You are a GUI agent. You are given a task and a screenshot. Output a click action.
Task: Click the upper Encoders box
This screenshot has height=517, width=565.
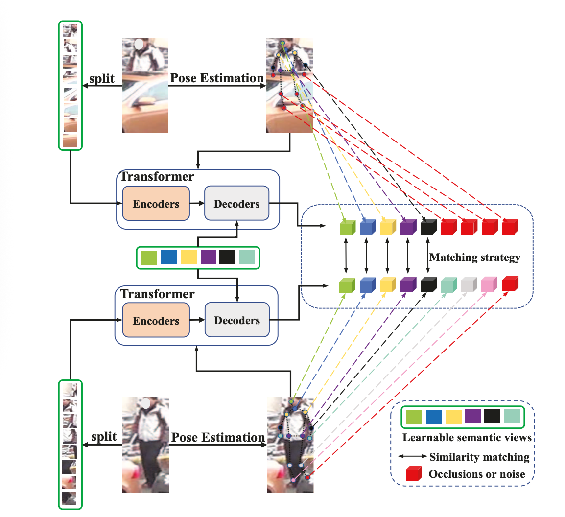tap(156, 203)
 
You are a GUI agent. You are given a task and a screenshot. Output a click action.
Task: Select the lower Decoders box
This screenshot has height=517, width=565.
tap(237, 320)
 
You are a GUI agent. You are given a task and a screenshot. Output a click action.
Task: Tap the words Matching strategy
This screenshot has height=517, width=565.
tap(474, 258)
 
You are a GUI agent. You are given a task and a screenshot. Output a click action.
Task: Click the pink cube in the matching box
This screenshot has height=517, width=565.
tap(489, 284)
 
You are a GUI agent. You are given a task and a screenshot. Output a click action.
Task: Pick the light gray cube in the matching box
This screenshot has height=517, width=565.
tap(469, 284)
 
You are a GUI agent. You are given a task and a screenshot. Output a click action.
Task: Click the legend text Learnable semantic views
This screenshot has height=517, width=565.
tap(467, 438)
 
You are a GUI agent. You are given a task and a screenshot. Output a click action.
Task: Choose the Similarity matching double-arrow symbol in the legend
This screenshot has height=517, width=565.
tap(412, 456)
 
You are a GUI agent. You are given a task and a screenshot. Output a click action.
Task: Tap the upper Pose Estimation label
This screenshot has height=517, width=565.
tap(216, 78)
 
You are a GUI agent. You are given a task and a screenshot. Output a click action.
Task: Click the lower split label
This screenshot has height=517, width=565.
tap(104, 437)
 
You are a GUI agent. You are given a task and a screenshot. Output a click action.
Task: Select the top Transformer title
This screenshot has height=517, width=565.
tap(157, 176)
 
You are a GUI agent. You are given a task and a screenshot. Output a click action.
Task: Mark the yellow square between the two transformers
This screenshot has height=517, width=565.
tap(188, 257)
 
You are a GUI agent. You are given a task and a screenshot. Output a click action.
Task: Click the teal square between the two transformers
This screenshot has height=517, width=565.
tap(247, 257)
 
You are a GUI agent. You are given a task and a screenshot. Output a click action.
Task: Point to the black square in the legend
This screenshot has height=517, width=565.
tap(492, 417)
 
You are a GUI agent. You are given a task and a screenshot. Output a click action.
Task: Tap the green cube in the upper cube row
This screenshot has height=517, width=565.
tap(346, 227)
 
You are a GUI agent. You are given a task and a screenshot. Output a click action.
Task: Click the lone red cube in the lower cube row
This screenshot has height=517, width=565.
tap(510, 284)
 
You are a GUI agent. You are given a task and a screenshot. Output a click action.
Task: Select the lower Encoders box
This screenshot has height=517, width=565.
tap(156, 320)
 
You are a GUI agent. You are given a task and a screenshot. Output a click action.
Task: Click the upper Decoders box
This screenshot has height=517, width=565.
tap(236, 203)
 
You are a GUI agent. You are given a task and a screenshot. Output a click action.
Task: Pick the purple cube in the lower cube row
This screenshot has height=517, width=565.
tap(407, 284)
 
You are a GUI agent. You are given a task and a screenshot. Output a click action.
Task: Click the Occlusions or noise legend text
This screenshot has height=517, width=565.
tap(476, 474)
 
